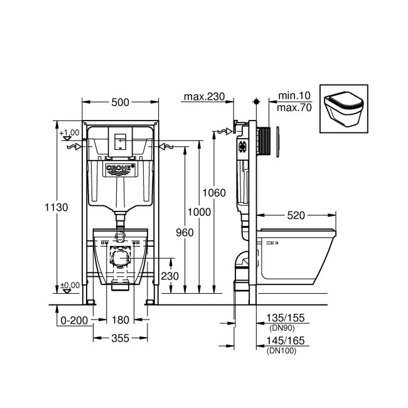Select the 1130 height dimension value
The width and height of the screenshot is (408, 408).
pos(57,207)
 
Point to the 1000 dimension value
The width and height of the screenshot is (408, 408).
pos(200,212)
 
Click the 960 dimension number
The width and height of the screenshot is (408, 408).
pos(185,232)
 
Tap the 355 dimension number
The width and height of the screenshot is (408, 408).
pos(119,338)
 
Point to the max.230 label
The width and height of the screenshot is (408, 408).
pos(204,96)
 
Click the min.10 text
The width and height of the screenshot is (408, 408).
pos(295,95)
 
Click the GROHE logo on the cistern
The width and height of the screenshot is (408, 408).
pos(120,168)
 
